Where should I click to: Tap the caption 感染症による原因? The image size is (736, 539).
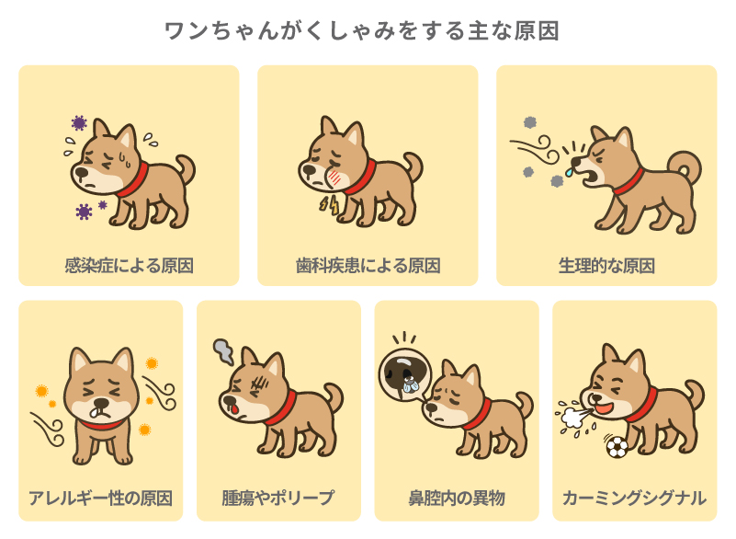129,266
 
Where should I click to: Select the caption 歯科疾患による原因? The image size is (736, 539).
368,266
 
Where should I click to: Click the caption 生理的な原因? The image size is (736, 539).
606,266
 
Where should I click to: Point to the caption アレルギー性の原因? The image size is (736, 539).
101,499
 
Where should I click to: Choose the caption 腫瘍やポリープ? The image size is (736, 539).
278,499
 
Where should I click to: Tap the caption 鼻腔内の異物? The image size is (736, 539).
457,499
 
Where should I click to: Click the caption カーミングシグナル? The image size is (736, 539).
634,499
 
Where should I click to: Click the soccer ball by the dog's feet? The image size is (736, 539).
617,447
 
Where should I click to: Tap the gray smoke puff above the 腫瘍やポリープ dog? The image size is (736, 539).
223,349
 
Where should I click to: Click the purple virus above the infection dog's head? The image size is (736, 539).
79,123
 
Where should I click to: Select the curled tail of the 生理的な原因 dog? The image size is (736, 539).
685,166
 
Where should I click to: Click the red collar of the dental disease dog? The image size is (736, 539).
360,175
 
